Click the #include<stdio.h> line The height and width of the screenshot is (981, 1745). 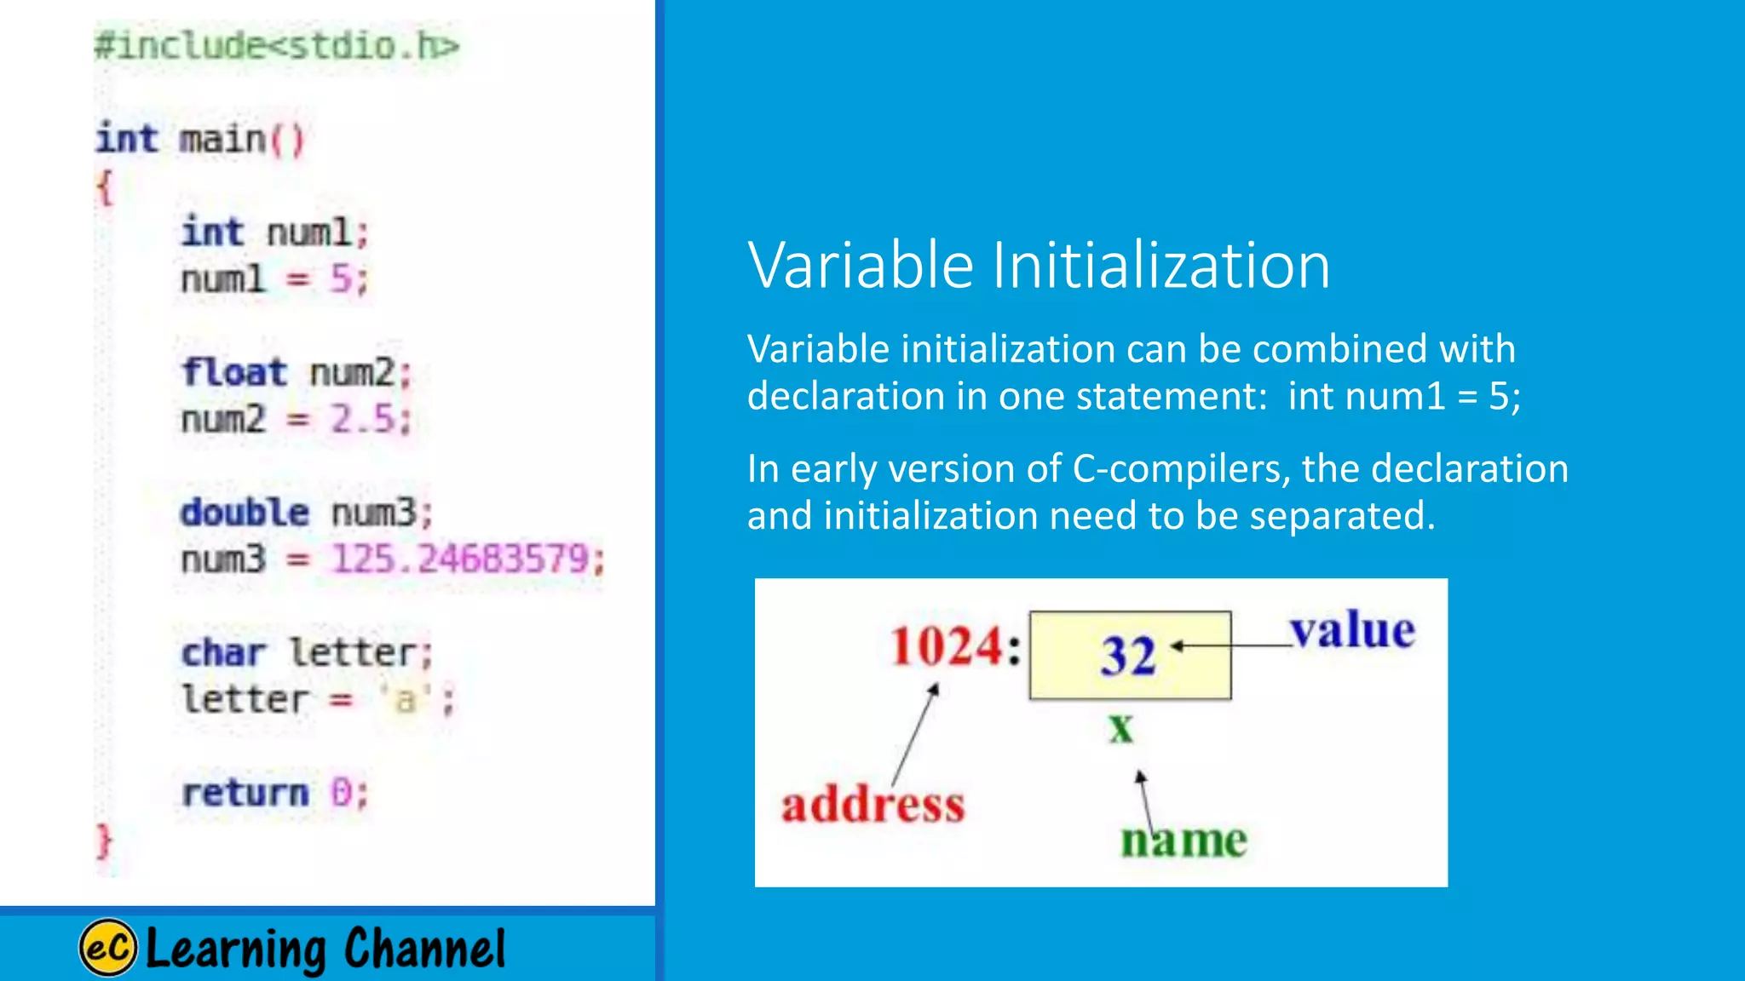[x=277, y=46]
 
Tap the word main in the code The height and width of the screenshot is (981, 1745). [x=222, y=140]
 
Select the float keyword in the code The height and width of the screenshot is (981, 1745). [x=233, y=373]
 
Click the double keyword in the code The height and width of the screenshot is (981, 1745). [x=245, y=513]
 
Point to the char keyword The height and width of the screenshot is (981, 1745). [x=223, y=653]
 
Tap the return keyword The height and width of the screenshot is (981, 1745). [x=245, y=794]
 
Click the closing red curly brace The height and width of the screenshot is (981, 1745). [x=104, y=841]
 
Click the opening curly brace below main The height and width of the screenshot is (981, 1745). [x=104, y=186]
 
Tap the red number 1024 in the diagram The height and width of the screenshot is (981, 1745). [x=947, y=646]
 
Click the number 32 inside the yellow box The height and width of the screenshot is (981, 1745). [x=1128, y=656]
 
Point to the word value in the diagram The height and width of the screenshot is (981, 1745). [x=1352, y=632]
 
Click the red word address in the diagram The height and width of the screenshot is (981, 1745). [x=872, y=805]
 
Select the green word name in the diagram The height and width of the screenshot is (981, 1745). [x=1183, y=840]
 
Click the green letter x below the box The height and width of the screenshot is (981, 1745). [x=1121, y=728]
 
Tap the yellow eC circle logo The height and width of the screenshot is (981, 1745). [x=108, y=948]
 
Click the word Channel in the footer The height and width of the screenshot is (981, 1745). [x=424, y=948]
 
